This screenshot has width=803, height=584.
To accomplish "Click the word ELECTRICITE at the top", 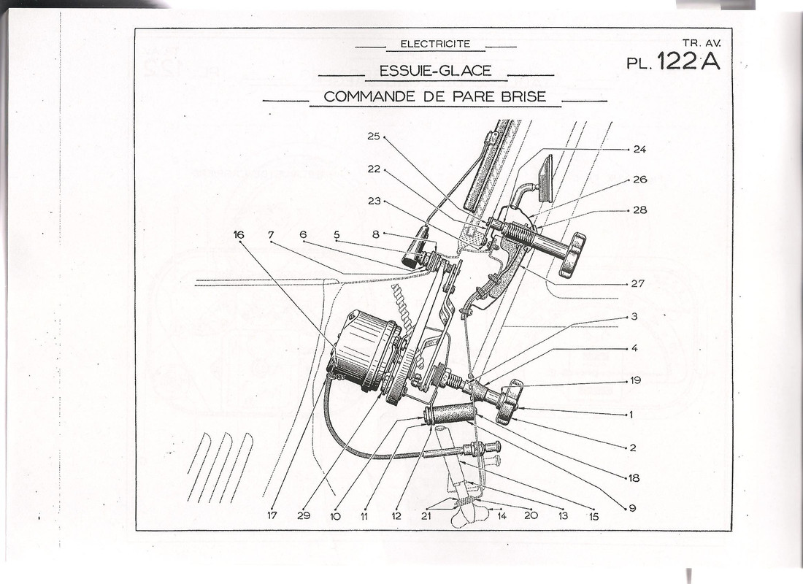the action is tap(435, 44).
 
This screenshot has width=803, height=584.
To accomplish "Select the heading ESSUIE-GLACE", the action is tap(435, 71).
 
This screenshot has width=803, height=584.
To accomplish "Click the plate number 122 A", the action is tap(688, 62).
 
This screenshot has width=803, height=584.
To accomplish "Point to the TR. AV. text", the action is tap(701, 44).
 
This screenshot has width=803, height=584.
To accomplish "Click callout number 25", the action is tap(374, 137).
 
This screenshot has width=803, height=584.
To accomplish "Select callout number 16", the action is tap(238, 235).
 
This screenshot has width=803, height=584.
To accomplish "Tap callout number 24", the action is tap(639, 149).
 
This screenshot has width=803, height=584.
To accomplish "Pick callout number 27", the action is tap(637, 283).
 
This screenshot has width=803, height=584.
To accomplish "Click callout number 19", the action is tap(636, 380).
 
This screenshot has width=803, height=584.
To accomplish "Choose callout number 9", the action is tap(632, 508).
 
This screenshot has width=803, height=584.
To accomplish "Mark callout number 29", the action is tap(304, 515).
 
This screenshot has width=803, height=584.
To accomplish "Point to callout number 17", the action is tap(272, 515).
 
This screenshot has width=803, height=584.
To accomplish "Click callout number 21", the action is tap(426, 516).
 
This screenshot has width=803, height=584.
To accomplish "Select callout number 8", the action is tap(376, 234).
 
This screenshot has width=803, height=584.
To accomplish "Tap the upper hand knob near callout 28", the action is tap(573, 253).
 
